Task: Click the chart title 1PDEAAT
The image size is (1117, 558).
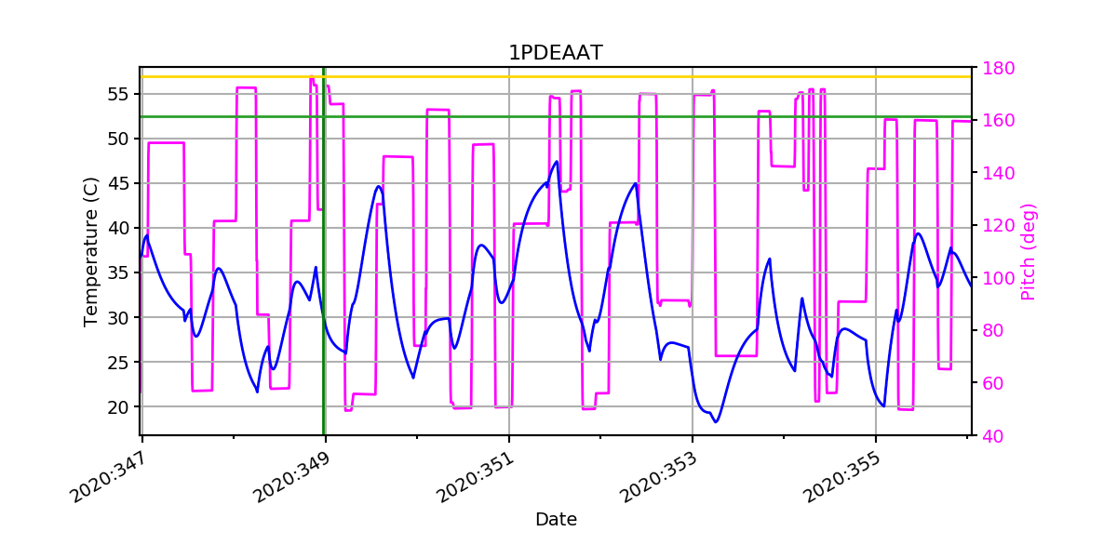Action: click(555, 53)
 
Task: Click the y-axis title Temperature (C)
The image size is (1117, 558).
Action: click(91, 252)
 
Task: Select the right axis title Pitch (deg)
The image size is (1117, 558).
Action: click(1029, 252)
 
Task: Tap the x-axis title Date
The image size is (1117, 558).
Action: click(555, 520)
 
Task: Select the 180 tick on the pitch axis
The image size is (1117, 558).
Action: click(997, 68)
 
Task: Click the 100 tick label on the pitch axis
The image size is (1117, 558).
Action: click(997, 278)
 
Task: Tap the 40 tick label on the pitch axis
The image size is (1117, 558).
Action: click(992, 435)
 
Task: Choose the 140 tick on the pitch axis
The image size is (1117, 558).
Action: click(997, 173)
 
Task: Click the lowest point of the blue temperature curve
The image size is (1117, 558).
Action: click(716, 422)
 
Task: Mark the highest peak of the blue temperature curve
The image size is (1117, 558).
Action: click(557, 162)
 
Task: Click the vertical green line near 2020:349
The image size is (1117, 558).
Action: click(324, 279)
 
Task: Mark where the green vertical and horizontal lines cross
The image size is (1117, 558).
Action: click(324, 117)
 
